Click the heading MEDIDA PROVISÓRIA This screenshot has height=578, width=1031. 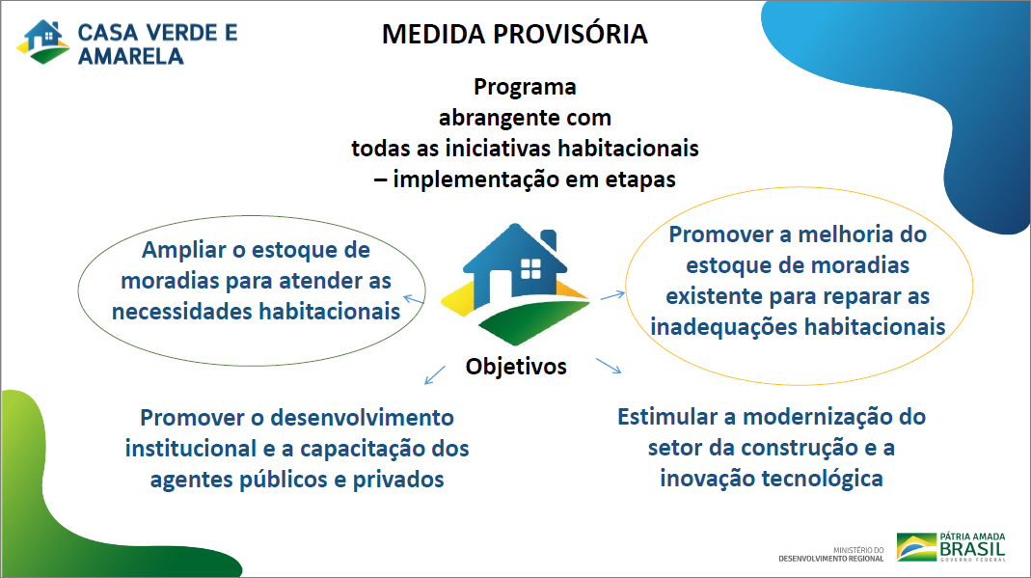tap(515, 34)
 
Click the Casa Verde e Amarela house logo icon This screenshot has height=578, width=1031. tap(43, 41)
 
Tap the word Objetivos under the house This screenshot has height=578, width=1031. tap(516, 367)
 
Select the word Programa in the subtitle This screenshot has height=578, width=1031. tap(525, 87)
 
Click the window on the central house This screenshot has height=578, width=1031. tap(530, 268)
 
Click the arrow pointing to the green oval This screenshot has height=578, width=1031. tap(414, 300)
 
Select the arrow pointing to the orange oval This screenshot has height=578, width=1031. tap(612, 296)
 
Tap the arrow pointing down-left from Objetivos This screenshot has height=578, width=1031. tap(435, 374)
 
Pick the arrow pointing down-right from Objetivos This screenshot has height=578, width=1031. tap(609, 367)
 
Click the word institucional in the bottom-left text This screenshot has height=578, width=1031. tap(191, 449)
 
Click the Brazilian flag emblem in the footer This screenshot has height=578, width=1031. tap(916, 547)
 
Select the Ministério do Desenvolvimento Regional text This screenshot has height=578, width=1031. tap(831, 554)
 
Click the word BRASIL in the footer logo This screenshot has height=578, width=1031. tap(972, 549)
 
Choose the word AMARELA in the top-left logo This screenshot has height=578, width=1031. tap(131, 57)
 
